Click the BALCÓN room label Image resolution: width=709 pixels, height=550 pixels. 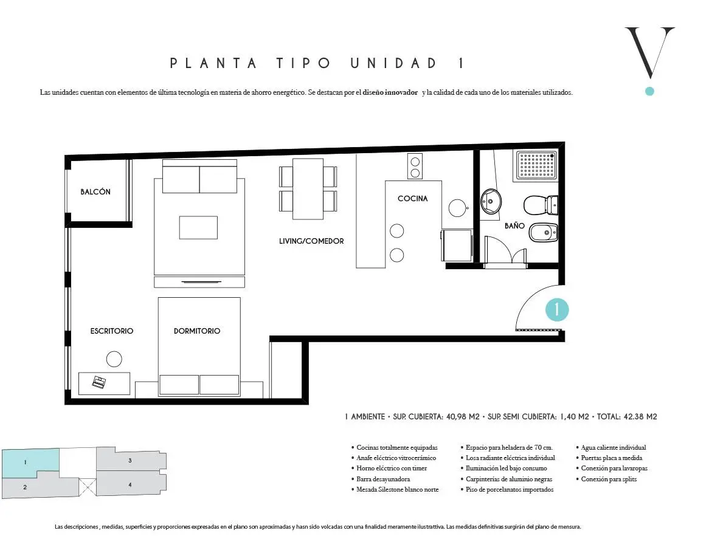point(95,191)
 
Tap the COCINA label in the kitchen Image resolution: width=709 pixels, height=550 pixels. point(412,198)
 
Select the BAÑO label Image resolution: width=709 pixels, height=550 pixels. point(514,225)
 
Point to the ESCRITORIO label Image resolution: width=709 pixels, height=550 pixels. point(112,331)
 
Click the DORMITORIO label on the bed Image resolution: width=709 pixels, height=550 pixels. point(196,331)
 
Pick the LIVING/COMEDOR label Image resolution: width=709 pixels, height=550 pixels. point(311,241)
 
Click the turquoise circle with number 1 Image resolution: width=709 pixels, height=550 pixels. point(556,310)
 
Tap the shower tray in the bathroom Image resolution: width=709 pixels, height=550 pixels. point(537,165)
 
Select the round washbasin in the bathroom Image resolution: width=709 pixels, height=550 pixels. point(491,201)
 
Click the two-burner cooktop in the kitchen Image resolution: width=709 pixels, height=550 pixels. point(415,167)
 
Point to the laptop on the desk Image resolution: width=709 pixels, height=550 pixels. point(99,382)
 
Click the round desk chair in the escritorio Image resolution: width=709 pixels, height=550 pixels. point(114,359)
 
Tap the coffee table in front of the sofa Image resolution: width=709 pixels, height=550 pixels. point(198,227)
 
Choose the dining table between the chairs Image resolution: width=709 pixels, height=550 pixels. point(308,189)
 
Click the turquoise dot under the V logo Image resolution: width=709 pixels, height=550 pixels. point(650,91)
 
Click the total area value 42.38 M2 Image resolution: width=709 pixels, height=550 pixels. point(640,417)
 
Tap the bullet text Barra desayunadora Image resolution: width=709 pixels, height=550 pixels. point(383,479)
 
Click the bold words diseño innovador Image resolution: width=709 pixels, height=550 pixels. point(390,92)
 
